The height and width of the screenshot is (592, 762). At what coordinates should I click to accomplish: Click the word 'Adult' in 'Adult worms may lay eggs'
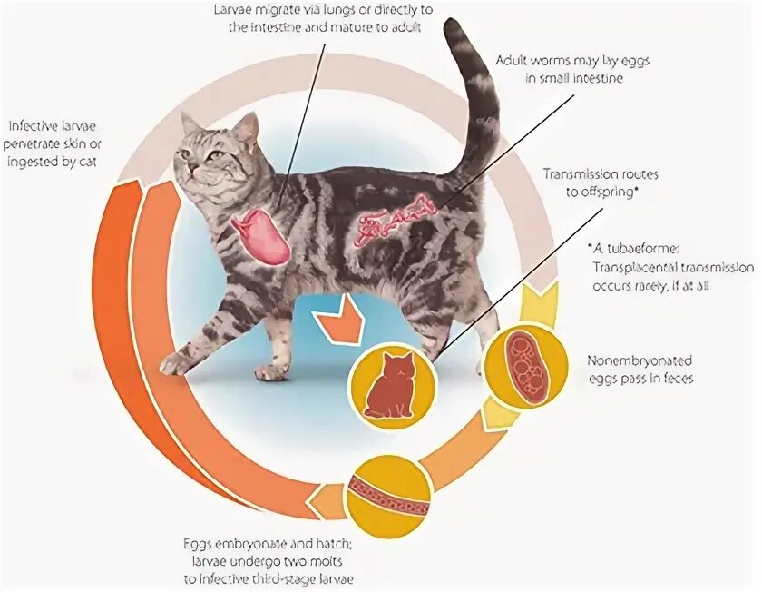tap(513, 60)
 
